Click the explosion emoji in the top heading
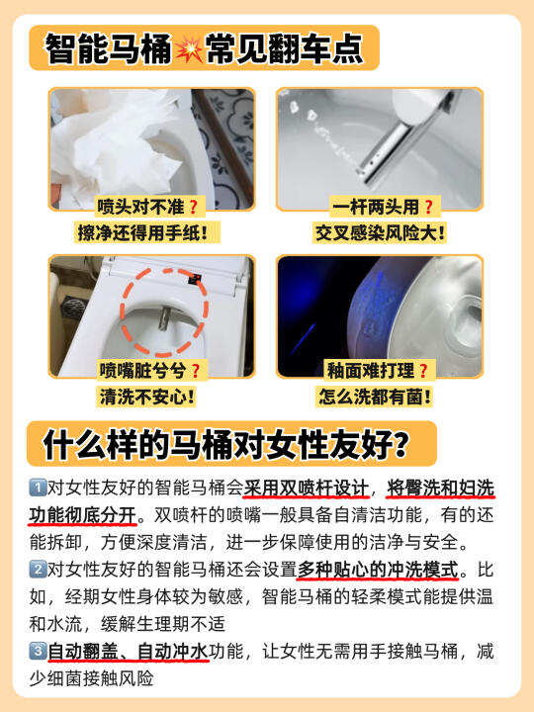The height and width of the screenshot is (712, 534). (189, 48)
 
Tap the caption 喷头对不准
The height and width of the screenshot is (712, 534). (140, 207)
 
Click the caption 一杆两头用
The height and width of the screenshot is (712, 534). (376, 207)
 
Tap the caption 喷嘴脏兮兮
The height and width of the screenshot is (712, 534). (142, 371)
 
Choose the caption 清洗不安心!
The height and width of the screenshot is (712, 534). (147, 397)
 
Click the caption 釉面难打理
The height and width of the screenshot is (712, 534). (371, 371)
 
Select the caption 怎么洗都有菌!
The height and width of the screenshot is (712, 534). (375, 397)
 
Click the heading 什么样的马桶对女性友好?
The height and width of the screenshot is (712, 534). (225, 444)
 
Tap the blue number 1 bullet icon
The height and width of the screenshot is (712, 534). (38, 488)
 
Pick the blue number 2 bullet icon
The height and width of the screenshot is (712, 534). (38, 569)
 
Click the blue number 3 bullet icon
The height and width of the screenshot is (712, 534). (38, 651)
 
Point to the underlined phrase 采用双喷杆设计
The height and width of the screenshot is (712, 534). (306, 489)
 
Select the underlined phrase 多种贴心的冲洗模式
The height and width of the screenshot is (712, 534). (378, 570)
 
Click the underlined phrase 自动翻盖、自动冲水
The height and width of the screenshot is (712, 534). (128, 652)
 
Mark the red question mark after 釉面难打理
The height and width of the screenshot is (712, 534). (423, 371)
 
